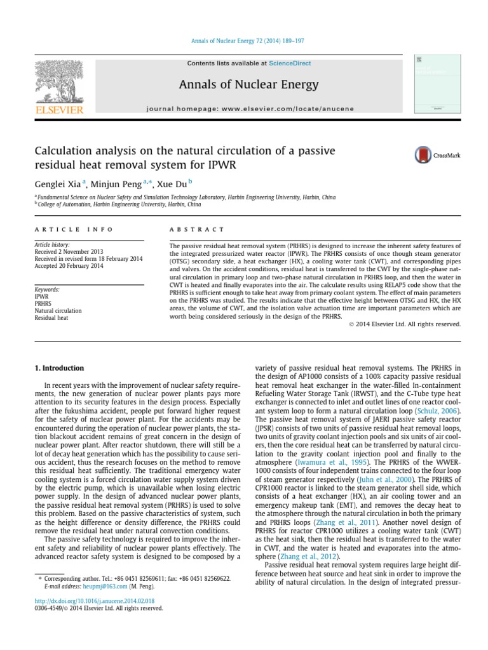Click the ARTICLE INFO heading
(73, 229)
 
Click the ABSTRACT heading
(197, 229)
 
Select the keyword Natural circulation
(58, 311)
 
